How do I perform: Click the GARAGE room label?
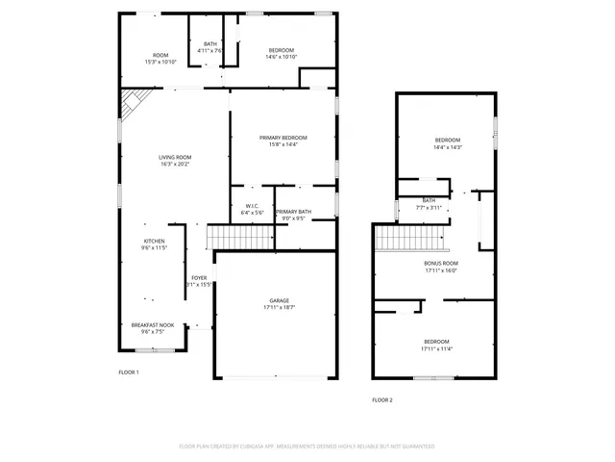click(x=279, y=300)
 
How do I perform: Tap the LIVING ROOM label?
click(x=175, y=157)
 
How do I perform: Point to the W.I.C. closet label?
click(x=252, y=205)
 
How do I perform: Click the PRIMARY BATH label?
click(x=292, y=211)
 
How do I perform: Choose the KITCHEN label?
click(x=154, y=241)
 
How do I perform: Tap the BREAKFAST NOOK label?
click(x=153, y=325)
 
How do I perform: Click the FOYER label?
click(x=199, y=278)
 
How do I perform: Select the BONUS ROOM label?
click(x=441, y=263)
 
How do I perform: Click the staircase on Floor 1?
click(x=228, y=236)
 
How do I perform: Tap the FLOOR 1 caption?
click(x=129, y=372)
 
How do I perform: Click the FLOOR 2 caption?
click(x=382, y=399)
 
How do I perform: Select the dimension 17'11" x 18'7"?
click(x=279, y=307)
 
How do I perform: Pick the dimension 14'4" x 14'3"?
click(x=448, y=147)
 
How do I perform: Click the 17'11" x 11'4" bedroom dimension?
click(x=436, y=349)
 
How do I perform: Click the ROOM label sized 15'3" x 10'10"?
click(x=160, y=55)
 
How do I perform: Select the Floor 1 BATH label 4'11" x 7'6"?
click(x=209, y=44)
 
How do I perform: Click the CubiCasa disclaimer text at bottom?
click(x=307, y=446)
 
